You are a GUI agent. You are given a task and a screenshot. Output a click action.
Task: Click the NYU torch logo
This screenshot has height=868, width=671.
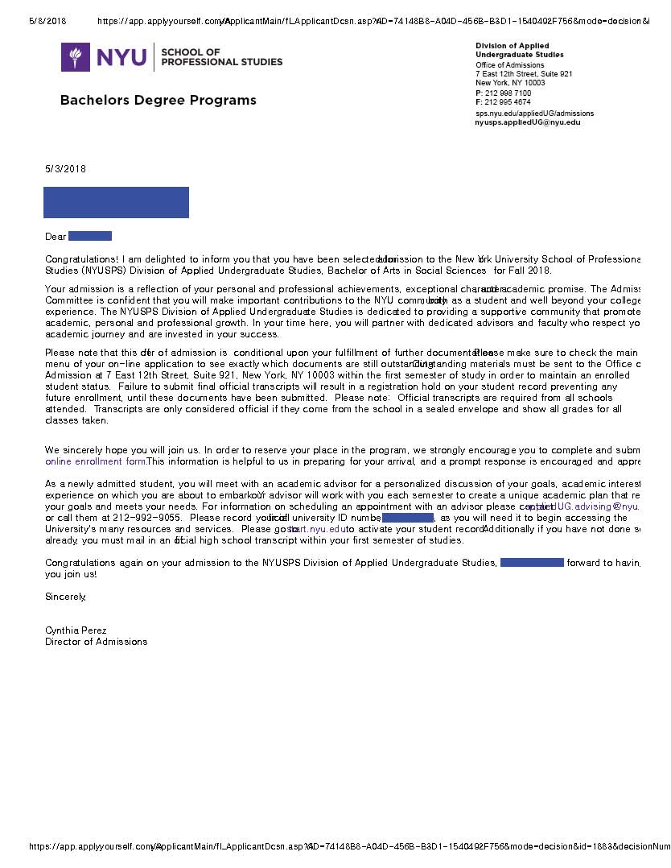coord(76,57)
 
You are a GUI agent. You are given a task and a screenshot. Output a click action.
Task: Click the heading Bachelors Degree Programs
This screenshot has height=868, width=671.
coord(158,101)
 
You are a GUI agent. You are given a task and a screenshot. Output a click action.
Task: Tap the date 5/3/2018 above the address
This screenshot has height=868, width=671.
coord(65,169)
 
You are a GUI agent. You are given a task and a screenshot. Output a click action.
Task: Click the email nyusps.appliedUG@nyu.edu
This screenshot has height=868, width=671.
coord(528,122)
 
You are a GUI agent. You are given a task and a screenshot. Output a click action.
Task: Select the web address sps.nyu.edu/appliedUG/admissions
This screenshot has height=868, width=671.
coord(534,114)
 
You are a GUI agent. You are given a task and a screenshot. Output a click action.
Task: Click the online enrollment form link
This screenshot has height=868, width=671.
coord(96,462)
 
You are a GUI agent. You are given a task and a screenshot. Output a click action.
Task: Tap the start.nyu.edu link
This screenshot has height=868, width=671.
coord(319,530)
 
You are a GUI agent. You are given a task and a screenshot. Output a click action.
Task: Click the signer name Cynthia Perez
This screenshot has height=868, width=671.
coord(76,630)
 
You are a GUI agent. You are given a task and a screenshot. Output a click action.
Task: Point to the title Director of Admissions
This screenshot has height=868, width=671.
coord(97,642)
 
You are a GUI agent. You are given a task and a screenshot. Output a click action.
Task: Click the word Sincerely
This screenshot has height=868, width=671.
coord(65,597)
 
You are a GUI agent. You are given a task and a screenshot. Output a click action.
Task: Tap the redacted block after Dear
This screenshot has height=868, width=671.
coord(90,236)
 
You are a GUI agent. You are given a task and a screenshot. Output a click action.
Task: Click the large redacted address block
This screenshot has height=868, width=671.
coord(116,203)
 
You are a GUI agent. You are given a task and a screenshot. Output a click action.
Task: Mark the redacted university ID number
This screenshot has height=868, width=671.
coord(408,518)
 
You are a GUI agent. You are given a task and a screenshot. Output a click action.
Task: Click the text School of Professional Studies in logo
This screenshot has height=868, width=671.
coord(221,57)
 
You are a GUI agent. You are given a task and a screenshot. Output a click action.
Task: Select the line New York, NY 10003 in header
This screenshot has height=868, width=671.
coord(510,83)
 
